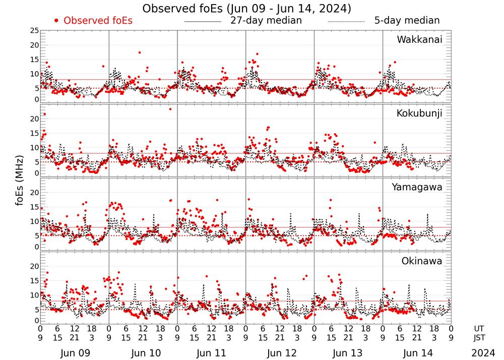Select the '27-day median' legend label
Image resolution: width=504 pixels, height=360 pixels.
[x=266, y=21]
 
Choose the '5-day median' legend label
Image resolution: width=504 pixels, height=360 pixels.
[x=407, y=21]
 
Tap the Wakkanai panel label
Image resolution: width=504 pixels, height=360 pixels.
[x=419, y=40]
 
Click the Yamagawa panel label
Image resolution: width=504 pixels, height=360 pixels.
[x=417, y=187]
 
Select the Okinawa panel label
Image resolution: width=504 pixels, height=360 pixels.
[x=422, y=261]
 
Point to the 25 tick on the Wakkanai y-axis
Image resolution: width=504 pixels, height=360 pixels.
[x=34, y=31]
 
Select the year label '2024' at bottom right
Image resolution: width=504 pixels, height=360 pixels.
[x=483, y=353]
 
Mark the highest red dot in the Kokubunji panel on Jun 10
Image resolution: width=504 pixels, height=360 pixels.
[x=170, y=109]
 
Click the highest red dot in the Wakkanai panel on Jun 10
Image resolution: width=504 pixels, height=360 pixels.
[x=139, y=52]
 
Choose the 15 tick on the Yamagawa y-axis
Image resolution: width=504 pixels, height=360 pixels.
[x=34, y=207]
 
